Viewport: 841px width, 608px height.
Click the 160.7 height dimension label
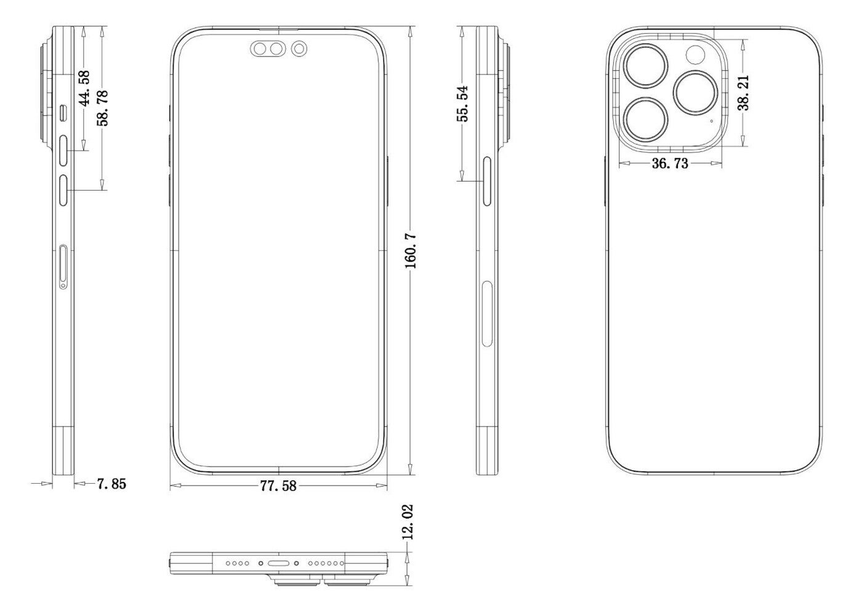pyautogui.click(x=411, y=250)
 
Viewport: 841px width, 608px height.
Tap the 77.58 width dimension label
pyautogui.click(x=278, y=486)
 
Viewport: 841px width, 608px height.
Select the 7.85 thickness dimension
pyautogui.click(x=111, y=484)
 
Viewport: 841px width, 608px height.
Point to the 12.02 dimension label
pyautogui.click(x=407, y=522)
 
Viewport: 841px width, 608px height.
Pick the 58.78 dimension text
pyautogui.click(x=102, y=108)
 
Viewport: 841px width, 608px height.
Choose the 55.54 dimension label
pyautogui.click(x=462, y=103)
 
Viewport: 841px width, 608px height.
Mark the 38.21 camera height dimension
pyautogui.click(x=744, y=93)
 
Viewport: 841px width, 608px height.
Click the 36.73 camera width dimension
pyautogui.click(x=670, y=164)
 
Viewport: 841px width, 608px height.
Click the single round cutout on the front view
pyautogui.click(x=299, y=49)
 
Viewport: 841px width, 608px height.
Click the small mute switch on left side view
pyautogui.click(x=65, y=112)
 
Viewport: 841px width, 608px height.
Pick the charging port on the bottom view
pyautogui.click(x=278, y=563)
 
